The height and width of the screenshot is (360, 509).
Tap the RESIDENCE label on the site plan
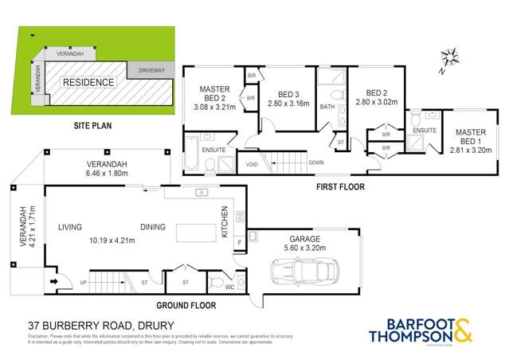(x=88, y=82)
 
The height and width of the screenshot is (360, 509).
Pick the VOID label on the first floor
(x=253, y=165)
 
